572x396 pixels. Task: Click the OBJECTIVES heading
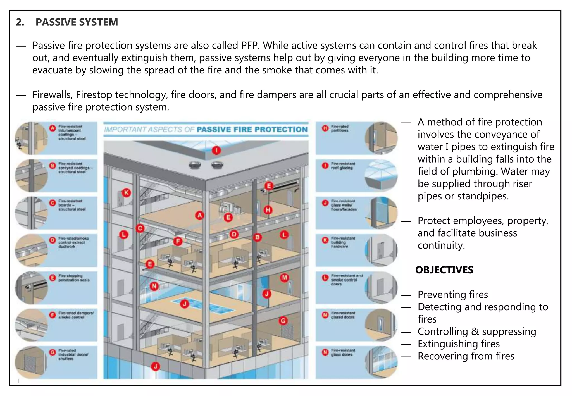pos(444,270)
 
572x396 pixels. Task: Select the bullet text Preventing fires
pos(453,295)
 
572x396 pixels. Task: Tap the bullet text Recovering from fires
pos(466,356)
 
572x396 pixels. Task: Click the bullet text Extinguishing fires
pos(459,344)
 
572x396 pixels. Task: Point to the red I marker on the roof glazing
pos(216,151)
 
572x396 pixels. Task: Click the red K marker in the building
pos(127,193)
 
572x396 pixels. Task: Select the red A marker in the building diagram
pos(199,215)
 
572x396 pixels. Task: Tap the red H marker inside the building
pos(268,210)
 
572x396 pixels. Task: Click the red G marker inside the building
pos(283,321)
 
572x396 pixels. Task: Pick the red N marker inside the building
pos(154,286)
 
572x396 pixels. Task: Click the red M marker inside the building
pos(284,278)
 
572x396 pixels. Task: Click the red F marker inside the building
pos(178,241)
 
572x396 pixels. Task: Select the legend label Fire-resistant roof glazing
pos(343,166)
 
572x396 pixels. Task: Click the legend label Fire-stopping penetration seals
pos(74,278)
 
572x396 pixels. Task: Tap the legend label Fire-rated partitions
pos(340,128)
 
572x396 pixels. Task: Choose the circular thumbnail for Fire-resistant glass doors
pos(381,362)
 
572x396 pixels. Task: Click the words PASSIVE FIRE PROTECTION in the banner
pos(252,130)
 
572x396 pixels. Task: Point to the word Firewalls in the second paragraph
pos(53,95)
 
